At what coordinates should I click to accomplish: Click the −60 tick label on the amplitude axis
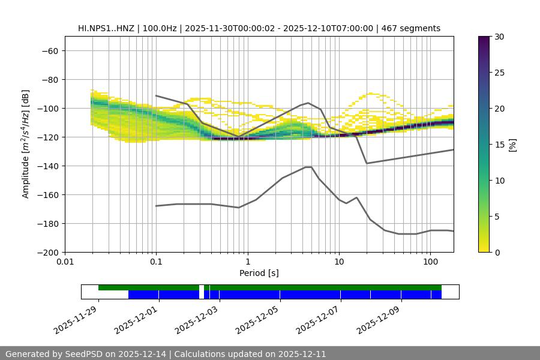coord(49,50)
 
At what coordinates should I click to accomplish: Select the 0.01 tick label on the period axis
coord(65,262)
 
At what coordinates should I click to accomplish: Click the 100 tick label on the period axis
coord(430,262)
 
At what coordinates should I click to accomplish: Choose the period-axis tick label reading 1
coord(247,262)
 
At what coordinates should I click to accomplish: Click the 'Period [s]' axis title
coord(259,273)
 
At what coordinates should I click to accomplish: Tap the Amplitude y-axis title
coord(25,144)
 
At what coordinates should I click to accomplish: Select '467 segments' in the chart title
coord(415,28)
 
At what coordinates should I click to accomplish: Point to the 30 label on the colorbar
coord(499,37)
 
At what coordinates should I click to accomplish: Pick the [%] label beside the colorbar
coord(512,145)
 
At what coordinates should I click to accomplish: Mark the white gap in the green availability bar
coord(202,288)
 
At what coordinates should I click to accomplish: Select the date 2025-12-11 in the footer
coord(302,354)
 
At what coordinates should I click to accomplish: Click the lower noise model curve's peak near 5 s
coord(308,167)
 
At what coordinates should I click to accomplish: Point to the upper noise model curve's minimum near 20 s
coord(367,163)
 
